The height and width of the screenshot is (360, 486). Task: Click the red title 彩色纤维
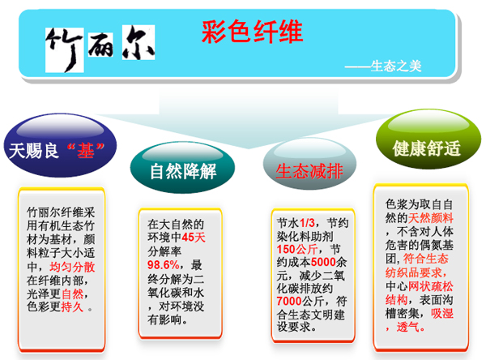252,32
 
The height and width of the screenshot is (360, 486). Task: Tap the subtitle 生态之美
396,66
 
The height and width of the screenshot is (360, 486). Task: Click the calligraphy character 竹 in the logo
65,50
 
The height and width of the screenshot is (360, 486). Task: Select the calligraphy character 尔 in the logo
139,42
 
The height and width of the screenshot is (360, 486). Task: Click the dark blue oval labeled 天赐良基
60,145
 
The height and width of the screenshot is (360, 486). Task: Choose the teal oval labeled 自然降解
182,168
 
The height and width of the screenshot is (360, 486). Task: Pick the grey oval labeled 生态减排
309,164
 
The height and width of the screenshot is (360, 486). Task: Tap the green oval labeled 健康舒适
428,139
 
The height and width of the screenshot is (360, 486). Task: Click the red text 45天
194,238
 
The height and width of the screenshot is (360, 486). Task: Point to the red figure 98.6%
163,265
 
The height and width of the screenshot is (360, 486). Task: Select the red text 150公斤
297,249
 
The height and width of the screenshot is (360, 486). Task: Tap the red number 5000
323,262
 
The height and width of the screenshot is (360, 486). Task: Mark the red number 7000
289,301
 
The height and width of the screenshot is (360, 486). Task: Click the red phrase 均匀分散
72,267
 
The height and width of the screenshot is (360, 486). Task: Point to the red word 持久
72,307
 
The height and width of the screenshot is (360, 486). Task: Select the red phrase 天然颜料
431,218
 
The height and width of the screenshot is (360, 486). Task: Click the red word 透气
408,327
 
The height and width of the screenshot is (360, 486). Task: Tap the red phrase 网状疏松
431,286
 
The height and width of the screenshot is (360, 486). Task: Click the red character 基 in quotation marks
86,151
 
